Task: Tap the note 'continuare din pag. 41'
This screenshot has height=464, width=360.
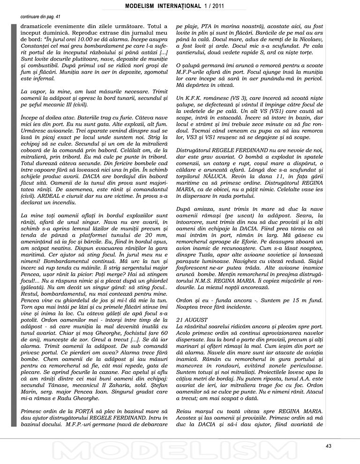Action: click(x=41, y=16)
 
